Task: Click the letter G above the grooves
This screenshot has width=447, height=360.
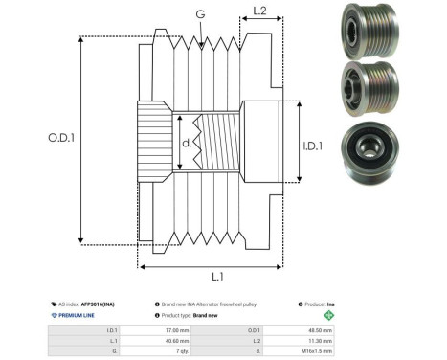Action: click(199, 14)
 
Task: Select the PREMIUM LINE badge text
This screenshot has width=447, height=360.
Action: click(78, 314)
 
